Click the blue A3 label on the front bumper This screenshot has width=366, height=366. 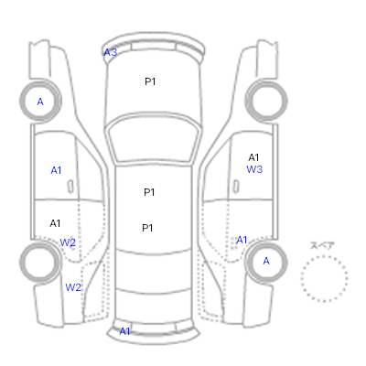(x=111, y=53)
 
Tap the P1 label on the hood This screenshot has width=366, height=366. (x=150, y=81)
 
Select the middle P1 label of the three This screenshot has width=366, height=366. (x=149, y=192)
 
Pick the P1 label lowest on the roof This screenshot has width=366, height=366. (x=147, y=228)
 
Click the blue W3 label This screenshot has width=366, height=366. (x=254, y=169)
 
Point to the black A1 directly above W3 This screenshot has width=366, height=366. (x=253, y=157)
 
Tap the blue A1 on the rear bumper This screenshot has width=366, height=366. (x=124, y=331)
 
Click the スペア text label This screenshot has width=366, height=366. (x=322, y=245)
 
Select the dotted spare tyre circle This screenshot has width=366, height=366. (x=324, y=256)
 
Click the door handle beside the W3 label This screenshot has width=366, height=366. (x=236, y=187)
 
